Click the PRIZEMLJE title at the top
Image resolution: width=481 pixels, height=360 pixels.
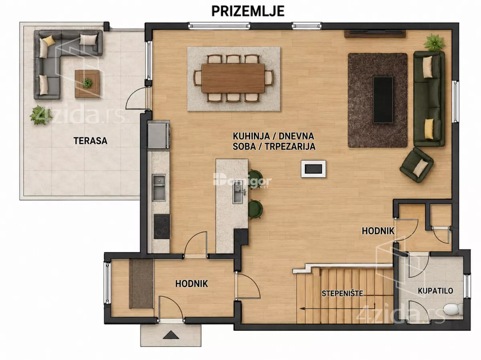pos(248,11)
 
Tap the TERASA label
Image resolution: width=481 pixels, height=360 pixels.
pos(90,141)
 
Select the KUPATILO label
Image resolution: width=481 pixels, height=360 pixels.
pos(435,291)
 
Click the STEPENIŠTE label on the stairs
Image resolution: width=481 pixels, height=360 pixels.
pos(342,294)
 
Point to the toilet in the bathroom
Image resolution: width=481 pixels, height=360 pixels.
pos(452,309)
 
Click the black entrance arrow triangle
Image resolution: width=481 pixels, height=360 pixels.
pos(171,335)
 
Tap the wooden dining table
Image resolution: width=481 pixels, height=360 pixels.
pos(233,78)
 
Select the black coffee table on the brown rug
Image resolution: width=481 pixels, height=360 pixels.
pos(383,100)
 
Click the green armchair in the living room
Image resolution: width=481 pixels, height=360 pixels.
pos(416,165)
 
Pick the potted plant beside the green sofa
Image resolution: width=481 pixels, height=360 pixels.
pos(435,43)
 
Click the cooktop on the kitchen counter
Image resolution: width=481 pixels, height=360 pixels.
pos(162,226)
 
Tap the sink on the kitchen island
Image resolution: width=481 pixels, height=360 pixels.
pos(238,192)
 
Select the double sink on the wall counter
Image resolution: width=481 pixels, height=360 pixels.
pos(159,187)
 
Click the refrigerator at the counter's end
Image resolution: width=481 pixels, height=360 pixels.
pos(158,136)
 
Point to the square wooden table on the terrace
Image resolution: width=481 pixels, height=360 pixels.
pos(87,84)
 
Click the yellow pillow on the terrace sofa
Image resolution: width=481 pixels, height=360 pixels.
pos(49,41)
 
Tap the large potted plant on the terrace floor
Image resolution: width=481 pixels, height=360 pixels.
pos(40,115)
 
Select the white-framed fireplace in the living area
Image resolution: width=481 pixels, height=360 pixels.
pos(313,169)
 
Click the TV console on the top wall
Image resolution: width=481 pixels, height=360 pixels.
pos(375,34)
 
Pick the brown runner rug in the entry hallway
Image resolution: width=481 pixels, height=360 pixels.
pos(141,284)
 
